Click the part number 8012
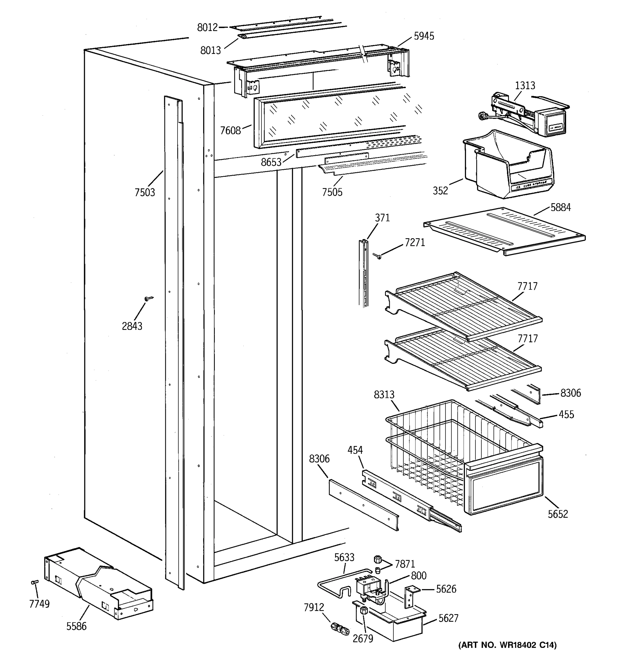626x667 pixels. (x=207, y=28)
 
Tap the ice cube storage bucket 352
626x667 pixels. (x=507, y=166)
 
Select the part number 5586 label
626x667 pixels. (x=76, y=626)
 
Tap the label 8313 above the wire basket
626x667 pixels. (x=384, y=395)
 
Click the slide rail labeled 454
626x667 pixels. (x=410, y=500)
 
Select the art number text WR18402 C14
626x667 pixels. (x=507, y=645)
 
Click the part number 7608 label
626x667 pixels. (x=230, y=131)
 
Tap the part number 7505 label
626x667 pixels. (x=332, y=192)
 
